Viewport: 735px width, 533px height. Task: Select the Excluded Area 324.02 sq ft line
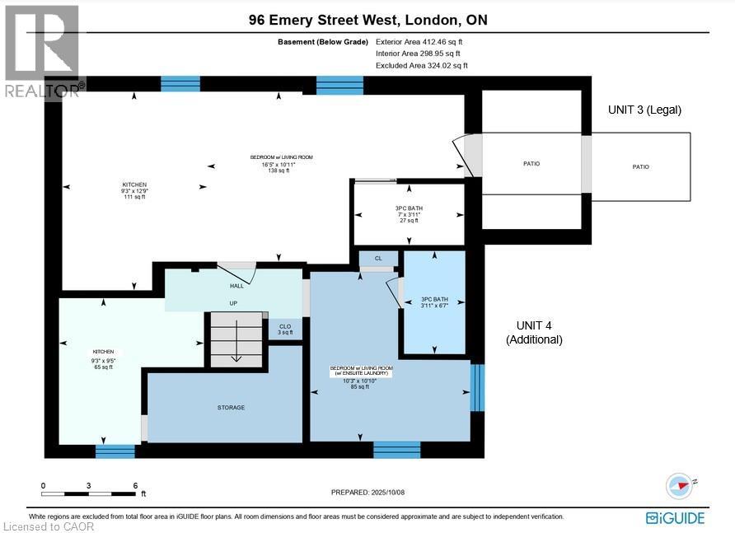pos(421,65)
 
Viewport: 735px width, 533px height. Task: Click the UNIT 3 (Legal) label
pos(644,110)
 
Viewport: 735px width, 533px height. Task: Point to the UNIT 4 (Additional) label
pos(534,332)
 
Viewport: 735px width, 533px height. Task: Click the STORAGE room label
pos(232,408)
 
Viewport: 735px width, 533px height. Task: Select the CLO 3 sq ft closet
pos(285,330)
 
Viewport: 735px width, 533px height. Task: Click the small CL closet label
pos(378,259)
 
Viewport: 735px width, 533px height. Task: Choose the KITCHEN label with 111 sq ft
pos(134,190)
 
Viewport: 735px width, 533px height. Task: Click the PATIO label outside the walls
pos(640,167)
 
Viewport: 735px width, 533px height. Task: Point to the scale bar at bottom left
pos(88,493)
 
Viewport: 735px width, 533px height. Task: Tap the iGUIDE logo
pos(675,517)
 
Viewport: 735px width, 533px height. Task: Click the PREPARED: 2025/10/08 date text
pos(368,492)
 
